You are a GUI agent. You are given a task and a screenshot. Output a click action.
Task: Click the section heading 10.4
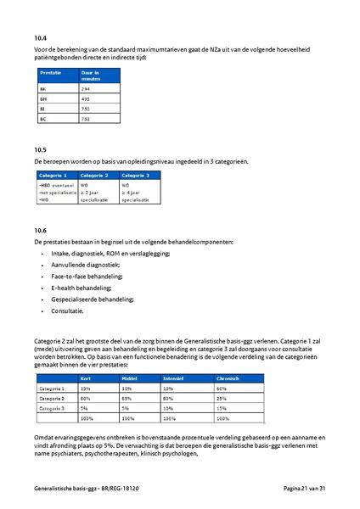tap(40, 37)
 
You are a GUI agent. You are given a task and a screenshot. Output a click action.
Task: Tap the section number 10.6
tap(40, 230)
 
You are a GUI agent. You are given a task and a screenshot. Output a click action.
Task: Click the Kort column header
tap(85, 378)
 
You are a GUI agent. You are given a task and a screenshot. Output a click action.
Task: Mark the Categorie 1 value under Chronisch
tap(222, 388)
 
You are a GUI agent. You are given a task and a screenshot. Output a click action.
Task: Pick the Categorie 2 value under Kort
tap(85, 398)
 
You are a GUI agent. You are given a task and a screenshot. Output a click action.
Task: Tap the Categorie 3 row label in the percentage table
tap(53, 408)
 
